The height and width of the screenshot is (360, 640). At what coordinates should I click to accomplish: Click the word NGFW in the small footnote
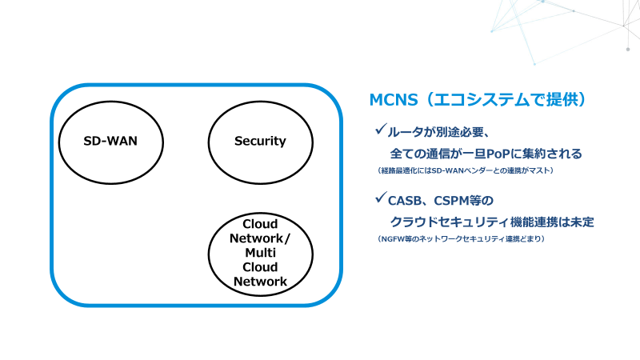tap(395, 238)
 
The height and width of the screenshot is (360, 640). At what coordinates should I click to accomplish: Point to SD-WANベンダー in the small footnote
tap(458, 170)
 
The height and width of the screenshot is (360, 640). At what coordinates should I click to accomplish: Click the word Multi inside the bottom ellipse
tap(260, 253)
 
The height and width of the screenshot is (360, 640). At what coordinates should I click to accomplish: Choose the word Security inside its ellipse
tap(260, 142)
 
